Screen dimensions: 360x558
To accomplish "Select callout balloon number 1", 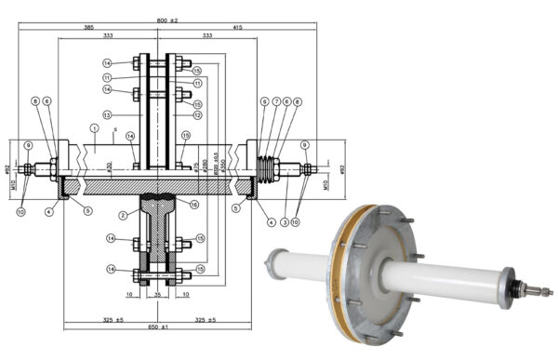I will pyautogui.click(x=94, y=127).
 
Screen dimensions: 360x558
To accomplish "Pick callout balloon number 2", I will pyautogui.click(x=122, y=215).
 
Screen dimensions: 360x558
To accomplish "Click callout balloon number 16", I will pyautogui.click(x=193, y=204).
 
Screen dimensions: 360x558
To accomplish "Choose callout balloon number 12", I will pyautogui.click(x=196, y=114).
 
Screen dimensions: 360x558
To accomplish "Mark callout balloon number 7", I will pyautogui.click(x=276, y=101).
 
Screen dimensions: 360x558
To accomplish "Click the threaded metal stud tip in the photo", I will pyautogui.click(x=543, y=291).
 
